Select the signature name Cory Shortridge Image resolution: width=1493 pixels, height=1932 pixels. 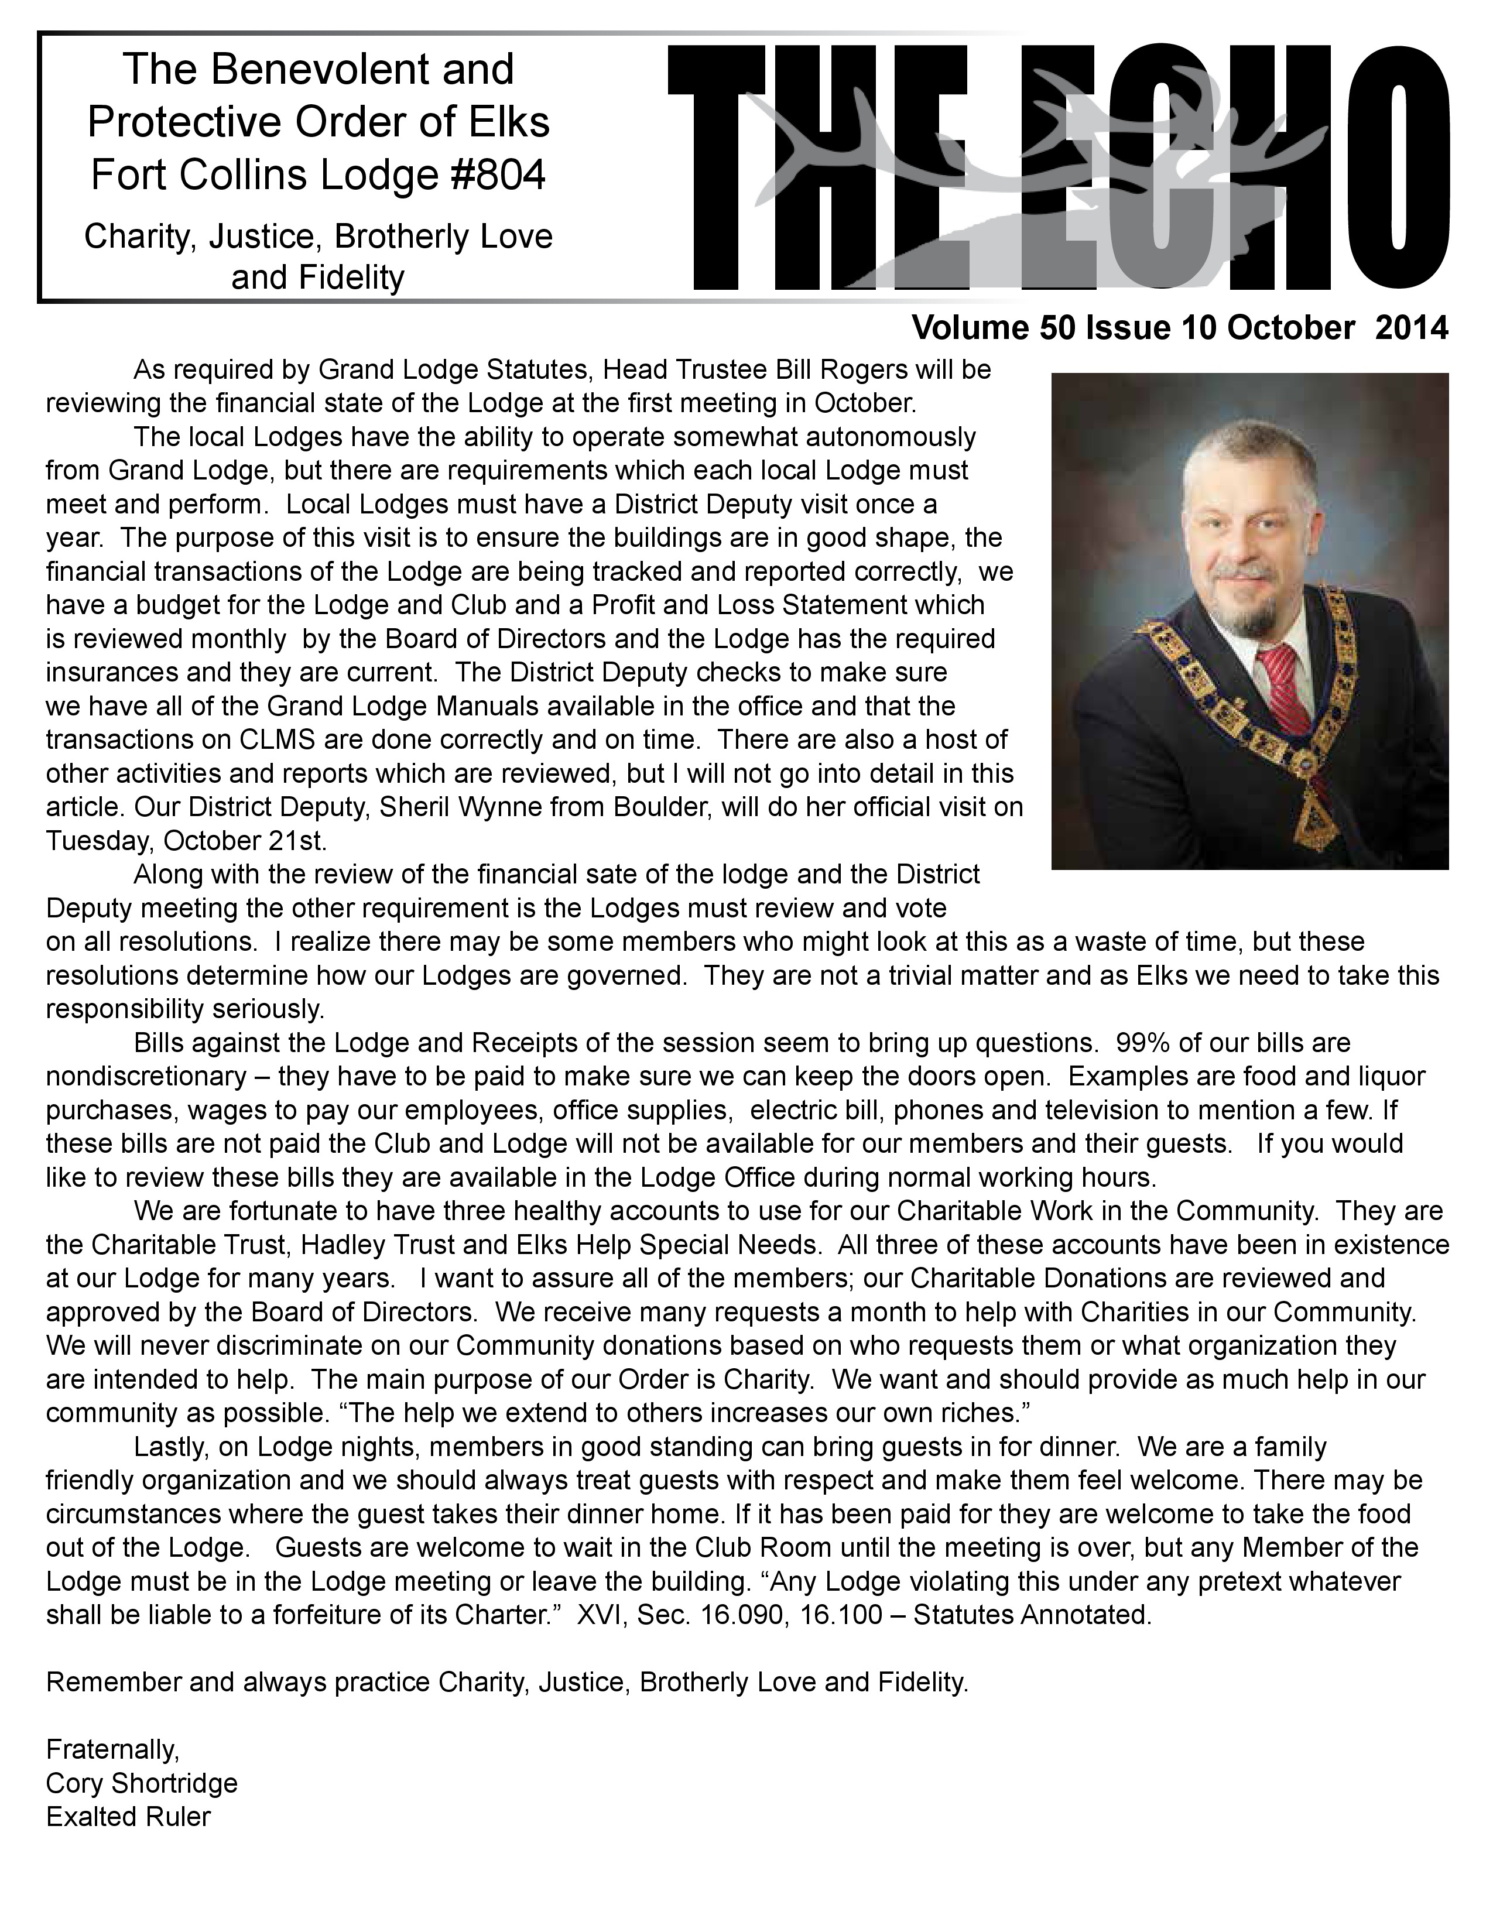pos(142,1783)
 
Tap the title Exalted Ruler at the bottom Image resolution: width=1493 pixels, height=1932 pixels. pos(128,1816)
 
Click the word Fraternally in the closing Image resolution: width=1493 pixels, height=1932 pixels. pos(112,1749)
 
